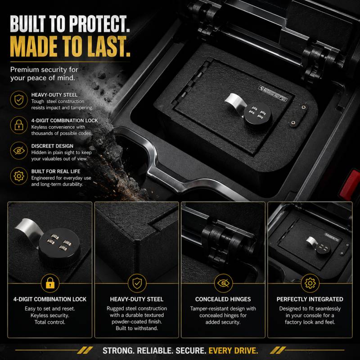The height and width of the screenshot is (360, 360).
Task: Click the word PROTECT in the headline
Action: point(99,24)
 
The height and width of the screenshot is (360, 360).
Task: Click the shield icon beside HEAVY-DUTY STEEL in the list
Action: point(19,100)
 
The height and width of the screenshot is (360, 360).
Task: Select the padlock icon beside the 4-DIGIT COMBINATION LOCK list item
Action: point(19,125)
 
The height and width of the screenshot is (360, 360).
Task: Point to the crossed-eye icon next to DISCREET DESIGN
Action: point(19,151)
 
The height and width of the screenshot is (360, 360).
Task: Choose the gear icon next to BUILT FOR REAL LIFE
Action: point(19,176)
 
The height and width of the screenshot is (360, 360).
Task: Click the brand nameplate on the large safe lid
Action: point(273,94)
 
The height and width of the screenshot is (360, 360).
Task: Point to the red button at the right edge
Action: point(351,184)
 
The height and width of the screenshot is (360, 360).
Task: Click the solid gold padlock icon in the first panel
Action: point(50,283)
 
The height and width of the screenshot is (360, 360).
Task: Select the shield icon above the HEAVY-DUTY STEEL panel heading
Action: point(137,283)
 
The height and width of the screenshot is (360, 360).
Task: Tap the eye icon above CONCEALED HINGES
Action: point(223,283)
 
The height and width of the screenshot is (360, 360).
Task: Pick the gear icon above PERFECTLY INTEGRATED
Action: point(310,283)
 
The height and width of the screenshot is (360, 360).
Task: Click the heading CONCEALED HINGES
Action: point(223,299)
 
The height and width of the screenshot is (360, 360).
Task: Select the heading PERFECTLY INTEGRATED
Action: point(310,299)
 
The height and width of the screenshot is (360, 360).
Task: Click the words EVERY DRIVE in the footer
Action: point(233,351)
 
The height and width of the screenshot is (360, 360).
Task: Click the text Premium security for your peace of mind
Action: point(44,74)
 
